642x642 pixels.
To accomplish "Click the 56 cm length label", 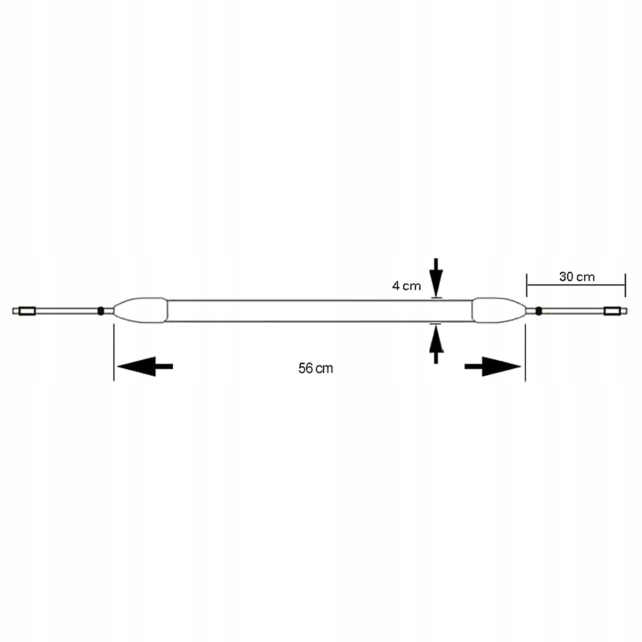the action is tap(315, 368).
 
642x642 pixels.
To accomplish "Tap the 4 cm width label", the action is tap(406, 285).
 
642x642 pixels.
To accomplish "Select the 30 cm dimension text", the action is tap(577, 276).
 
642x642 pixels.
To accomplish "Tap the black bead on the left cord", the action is tap(101, 311).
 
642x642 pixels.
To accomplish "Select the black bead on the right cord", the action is tap(538, 311).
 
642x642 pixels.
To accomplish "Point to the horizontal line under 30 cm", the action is tap(576, 285).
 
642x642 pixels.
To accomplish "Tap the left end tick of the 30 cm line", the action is tap(527, 285).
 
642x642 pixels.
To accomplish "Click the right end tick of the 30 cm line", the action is tap(625, 285).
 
